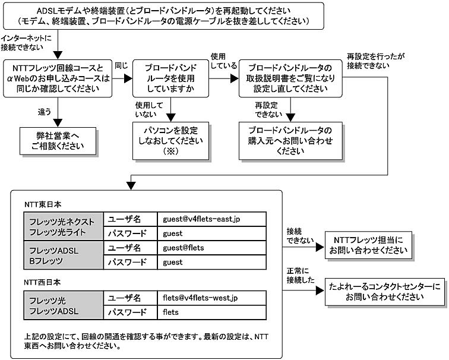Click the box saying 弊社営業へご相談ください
coord(58,141)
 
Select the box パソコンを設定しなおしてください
coord(170,141)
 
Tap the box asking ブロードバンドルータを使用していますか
coord(170,78)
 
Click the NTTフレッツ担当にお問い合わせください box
coord(368,245)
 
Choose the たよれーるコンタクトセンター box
coord(385,292)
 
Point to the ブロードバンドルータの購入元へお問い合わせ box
coord(290,141)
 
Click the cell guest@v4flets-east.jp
coord(212,219)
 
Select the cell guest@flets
coord(212,248)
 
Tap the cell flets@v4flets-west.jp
coord(212,298)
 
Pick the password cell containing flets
coord(212,312)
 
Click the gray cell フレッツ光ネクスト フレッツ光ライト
coord(64,226)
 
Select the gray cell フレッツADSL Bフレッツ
coord(64,255)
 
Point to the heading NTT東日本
coord(43,204)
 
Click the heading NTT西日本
coord(42,282)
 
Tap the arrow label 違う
coord(45,112)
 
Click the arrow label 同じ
coord(121,65)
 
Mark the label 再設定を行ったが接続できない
coord(376,61)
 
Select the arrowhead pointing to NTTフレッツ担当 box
coord(320,247)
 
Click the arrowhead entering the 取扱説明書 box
coord(234,78)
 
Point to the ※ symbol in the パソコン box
coord(170,151)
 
